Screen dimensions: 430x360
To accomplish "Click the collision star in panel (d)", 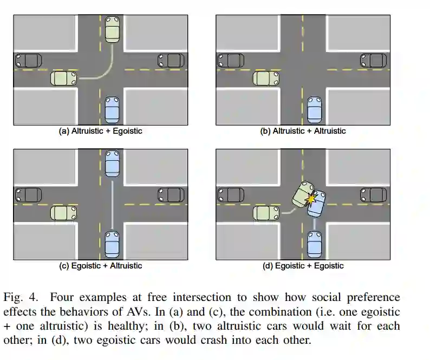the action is pos(311,199).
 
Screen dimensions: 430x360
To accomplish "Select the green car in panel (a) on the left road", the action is pos(63,78).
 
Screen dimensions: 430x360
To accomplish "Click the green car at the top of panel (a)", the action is pos(112,29).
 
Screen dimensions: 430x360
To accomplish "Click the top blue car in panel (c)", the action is pos(112,162).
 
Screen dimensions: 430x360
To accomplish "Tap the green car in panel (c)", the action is pos(63,213).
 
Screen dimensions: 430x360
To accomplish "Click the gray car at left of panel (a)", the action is pos(28,60).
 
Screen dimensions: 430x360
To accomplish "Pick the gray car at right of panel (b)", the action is pos(374,60).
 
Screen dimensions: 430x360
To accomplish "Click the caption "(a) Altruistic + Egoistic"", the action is pos(100,132).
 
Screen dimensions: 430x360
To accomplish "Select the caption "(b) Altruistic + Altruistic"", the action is pos(303,132).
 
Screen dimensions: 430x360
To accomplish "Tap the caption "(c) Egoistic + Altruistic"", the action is pos(100,266).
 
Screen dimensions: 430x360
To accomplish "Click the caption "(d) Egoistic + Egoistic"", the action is pos(303,266).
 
